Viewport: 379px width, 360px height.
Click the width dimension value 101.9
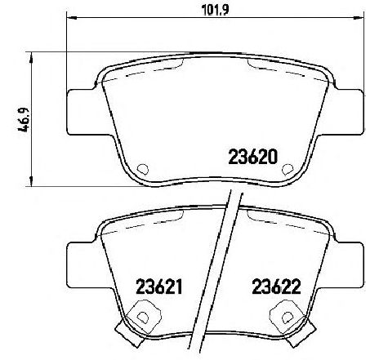coord(216,9)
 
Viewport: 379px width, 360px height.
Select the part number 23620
coord(253,157)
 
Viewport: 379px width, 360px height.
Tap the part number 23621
coord(158,287)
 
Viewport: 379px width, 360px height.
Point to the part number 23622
coord(276,287)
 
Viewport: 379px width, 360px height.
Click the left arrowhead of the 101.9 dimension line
coord(71,18)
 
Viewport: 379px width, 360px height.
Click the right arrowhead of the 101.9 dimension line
coord(359,18)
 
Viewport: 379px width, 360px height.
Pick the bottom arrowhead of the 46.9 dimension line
coord(31,181)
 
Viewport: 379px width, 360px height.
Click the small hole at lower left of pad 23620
coord(143,169)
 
